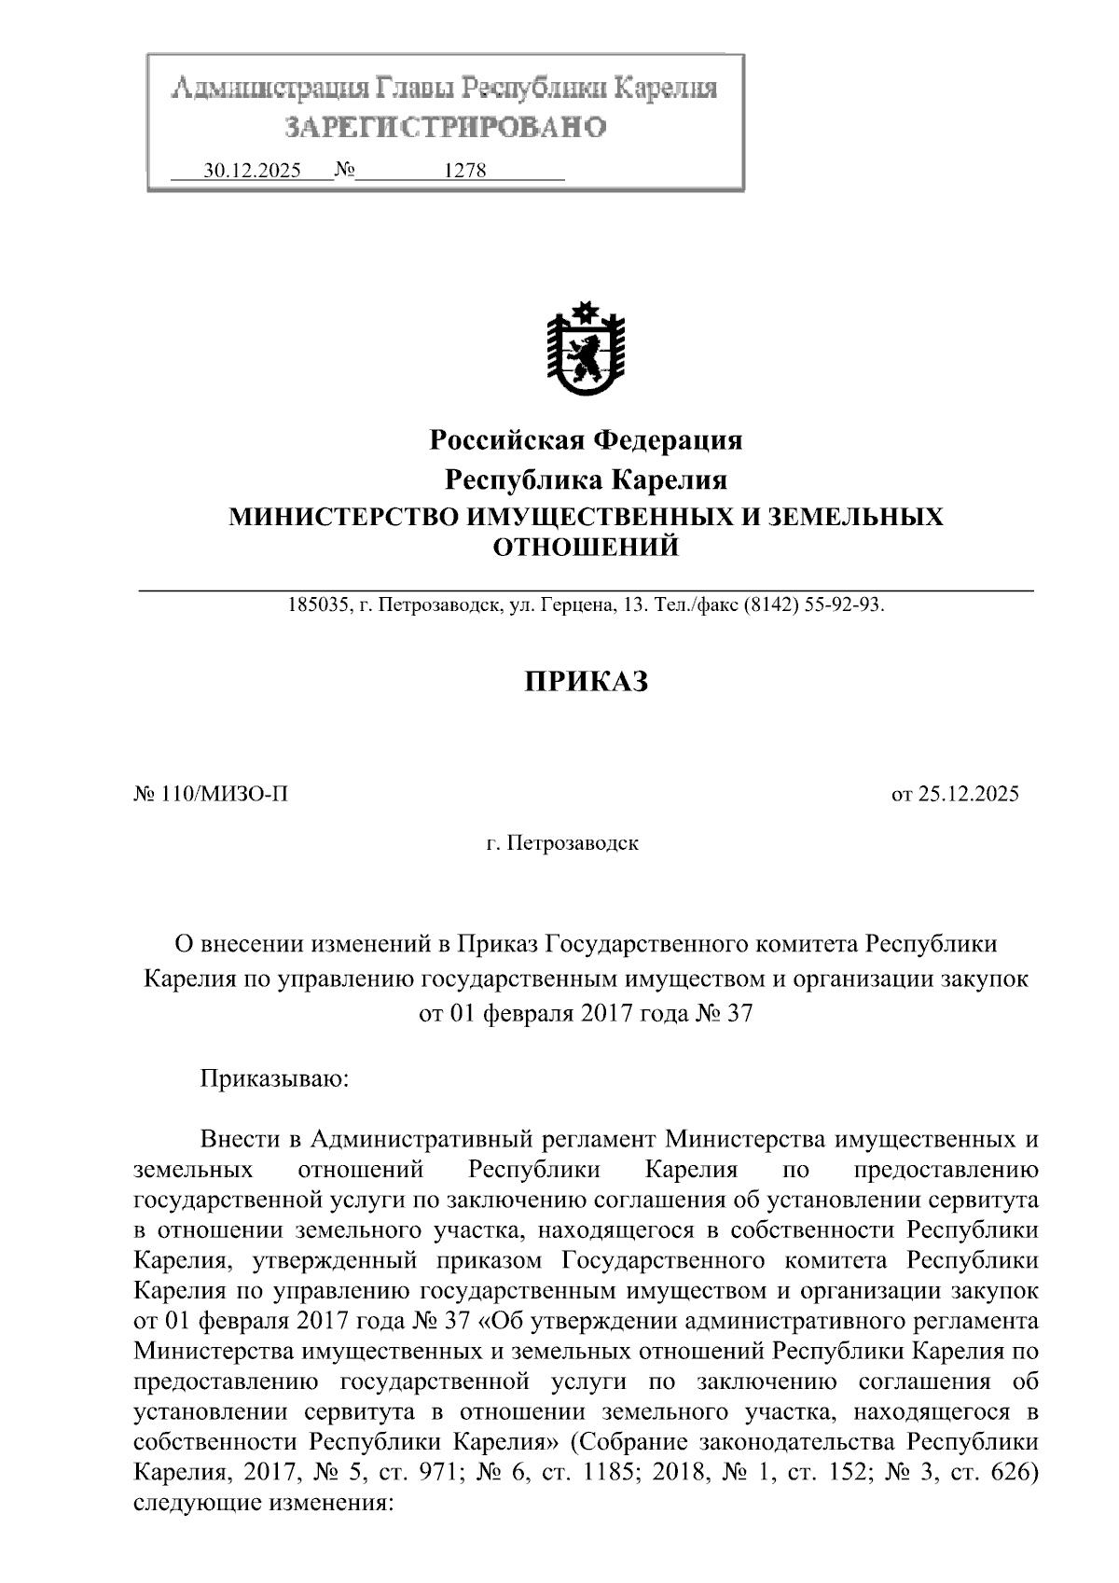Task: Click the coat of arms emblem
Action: point(586,351)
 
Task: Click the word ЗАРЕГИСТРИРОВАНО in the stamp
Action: point(445,126)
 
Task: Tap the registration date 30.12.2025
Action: point(252,171)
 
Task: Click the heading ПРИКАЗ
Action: point(586,682)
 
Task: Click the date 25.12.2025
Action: point(969,795)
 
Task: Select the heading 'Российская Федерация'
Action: point(586,439)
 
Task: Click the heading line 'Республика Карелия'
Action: point(586,480)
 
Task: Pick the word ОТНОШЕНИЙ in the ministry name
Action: point(586,548)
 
